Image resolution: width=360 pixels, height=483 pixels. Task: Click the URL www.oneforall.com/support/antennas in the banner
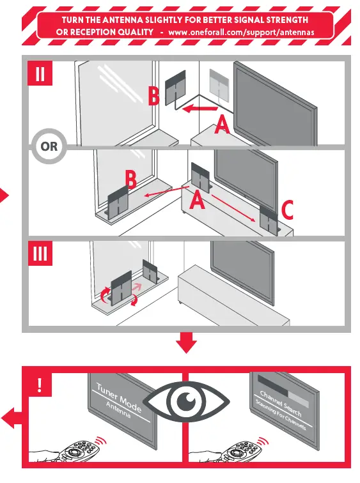point(241,32)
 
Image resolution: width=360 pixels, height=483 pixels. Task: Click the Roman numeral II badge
point(40,75)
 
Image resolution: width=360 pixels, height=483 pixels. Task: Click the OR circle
point(49,146)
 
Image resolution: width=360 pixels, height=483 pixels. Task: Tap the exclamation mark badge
point(40,385)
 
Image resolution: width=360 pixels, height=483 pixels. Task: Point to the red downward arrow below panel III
point(186,343)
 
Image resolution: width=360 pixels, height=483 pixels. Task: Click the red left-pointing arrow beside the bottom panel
point(11,419)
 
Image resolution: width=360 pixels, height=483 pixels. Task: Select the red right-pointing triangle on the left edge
point(4,195)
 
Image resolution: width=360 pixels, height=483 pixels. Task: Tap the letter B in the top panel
point(154,98)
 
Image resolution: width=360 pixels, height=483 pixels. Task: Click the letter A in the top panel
point(221,125)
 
